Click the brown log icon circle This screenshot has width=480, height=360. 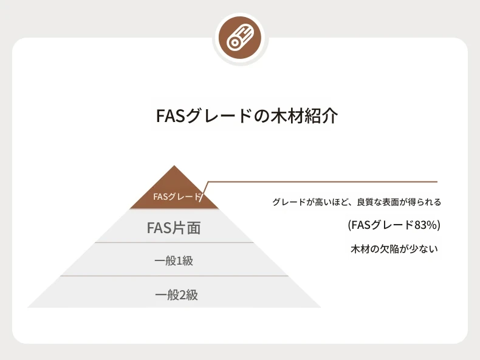tap(241, 38)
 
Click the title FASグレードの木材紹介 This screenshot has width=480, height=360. tap(247, 115)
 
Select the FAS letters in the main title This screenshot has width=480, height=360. tap(170, 116)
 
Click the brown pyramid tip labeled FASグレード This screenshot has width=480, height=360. tap(174, 189)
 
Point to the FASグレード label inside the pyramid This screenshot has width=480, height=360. tap(177, 197)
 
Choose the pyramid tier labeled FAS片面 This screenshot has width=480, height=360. tap(174, 226)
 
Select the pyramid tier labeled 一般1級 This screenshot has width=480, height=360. tap(174, 259)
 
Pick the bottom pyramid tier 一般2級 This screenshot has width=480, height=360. tap(174, 292)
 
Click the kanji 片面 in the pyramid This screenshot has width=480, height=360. tap(187, 228)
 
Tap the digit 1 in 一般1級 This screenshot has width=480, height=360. tap(179, 261)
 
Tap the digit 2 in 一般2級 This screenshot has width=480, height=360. tap(182, 295)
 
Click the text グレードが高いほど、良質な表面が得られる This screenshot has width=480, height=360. tap(357, 202)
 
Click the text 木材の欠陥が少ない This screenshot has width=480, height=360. tap(394, 249)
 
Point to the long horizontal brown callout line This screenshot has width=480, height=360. tap(323, 182)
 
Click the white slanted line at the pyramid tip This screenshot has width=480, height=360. tap(204, 191)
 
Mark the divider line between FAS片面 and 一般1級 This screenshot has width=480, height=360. tap(174, 243)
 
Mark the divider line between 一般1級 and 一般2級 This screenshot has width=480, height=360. tap(174, 276)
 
